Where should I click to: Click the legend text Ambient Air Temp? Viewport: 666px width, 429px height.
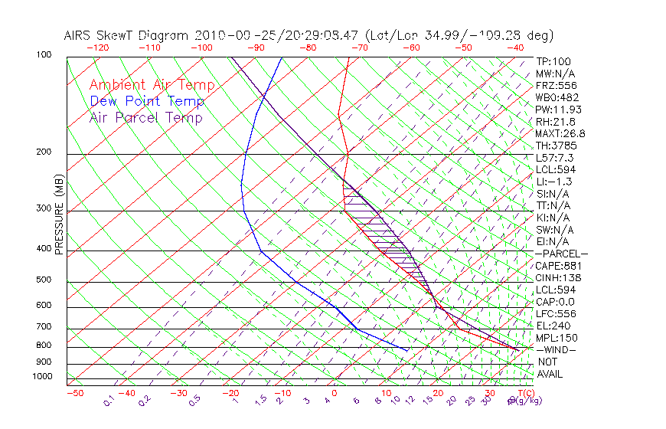click(x=152, y=85)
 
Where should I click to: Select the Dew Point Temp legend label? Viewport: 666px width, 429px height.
click(x=147, y=101)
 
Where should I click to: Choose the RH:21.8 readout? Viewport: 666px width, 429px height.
click(x=556, y=122)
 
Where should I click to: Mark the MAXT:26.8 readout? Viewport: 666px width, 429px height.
click(x=561, y=133)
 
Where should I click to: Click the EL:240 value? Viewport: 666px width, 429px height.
click(x=553, y=326)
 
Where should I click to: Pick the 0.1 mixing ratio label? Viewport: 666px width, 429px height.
click(x=109, y=400)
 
